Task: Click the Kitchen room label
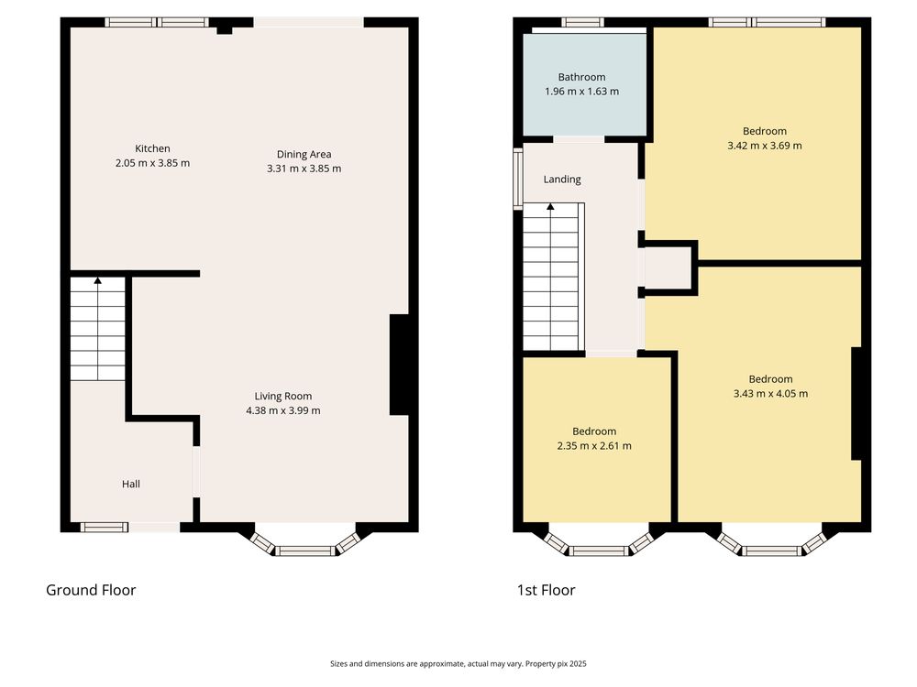(152, 148)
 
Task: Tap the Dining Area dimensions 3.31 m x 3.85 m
(304, 169)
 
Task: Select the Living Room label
(283, 396)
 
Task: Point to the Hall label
(131, 484)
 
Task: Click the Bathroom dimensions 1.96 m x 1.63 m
(582, 91)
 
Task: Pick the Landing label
(562, 180)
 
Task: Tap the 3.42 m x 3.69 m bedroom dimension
(765, 146)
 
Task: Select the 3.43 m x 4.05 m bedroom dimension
(771, 394)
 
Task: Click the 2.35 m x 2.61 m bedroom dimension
(594, 446)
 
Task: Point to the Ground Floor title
(91, 590)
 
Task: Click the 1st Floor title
(547, 590)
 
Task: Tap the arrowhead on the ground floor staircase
(98, 281)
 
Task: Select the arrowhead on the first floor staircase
(550, 206)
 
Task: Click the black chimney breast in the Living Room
(400, 365)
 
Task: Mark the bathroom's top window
(583, 23)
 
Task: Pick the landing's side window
(518, 179)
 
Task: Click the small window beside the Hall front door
(105, 528)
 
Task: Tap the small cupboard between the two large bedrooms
(668, 268)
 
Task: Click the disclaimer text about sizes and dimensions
(458, 663)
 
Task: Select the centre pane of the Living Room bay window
(305, 551)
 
